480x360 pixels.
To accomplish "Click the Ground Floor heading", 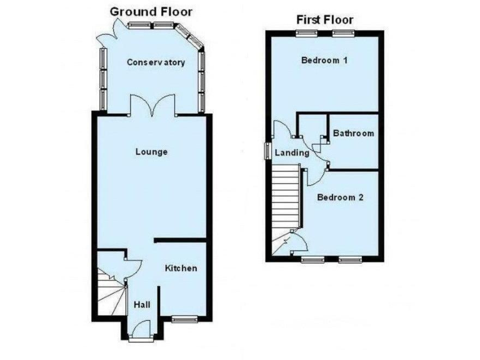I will (151, 11).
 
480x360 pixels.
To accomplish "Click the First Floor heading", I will (324, 19).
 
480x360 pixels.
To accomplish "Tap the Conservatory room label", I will (156, 62).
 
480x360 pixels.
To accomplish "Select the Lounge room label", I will (151, 152).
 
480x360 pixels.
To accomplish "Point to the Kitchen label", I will (181, 268).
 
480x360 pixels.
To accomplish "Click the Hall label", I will (142, 305).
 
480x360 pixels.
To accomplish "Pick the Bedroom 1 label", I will (324, 61).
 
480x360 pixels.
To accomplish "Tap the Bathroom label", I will (353, 133).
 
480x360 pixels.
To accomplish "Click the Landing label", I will (292, 152).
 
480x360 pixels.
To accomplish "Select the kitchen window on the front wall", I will (185, 319).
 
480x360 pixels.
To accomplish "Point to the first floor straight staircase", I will (287, 197).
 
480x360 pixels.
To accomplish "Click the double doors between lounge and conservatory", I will (153, 104).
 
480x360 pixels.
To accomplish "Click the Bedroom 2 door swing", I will (314, 177).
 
